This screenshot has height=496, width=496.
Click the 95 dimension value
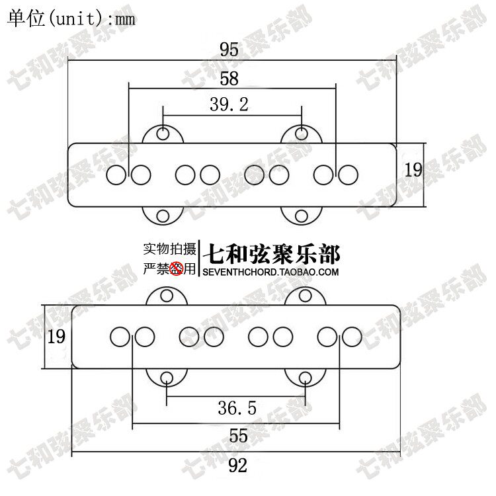point(229,50)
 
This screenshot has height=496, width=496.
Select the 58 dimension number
point(229,78)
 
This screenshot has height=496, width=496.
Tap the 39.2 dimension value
point(229,104)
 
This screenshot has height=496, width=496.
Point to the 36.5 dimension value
point(236,408)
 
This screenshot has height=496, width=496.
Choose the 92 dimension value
point(237,466)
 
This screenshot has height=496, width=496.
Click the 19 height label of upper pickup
point(413,170)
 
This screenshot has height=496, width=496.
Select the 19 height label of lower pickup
point(56,337)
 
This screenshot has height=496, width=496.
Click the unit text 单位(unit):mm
point(71,19)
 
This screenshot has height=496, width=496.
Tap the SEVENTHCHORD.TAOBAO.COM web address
point(271,272)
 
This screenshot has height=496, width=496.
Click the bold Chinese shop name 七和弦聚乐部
point(274,253)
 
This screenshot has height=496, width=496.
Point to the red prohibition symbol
point(177,268)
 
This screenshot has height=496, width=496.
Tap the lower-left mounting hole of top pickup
point(163,216)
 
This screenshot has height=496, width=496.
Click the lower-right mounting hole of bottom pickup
point(305,378)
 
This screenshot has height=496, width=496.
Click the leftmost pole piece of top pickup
point(116,175)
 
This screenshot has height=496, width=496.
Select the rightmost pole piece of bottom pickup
point(352,336)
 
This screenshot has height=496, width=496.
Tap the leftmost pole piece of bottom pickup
point(120,336)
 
